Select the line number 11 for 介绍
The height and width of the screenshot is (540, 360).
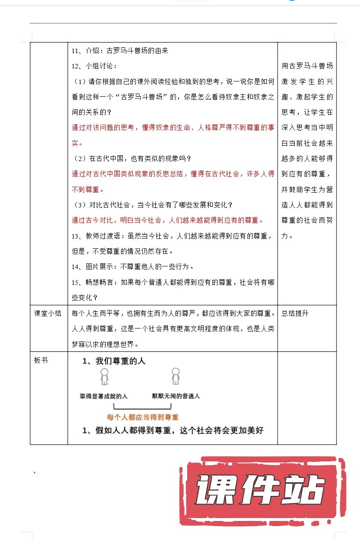tap(76, 51)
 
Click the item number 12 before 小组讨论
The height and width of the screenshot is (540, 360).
tap(76, 66)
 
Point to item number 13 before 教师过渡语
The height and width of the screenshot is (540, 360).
tap(76, 236)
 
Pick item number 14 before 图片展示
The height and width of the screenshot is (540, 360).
tap(76, 266)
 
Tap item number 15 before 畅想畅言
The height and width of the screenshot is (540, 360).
tap(76, 282)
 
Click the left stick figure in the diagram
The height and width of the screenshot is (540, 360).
tap(104, 377)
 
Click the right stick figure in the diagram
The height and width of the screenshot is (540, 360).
tap(175, 377)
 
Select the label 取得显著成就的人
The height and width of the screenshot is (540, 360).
tap(104, 396)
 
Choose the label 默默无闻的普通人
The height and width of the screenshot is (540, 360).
tap(176, 396)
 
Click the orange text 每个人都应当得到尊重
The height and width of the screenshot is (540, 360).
tap(143, 417)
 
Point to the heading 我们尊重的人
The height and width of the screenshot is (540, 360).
tap(121, 361)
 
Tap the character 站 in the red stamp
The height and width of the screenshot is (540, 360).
tap(304, 491)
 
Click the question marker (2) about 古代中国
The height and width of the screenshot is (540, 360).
tap(79, 158)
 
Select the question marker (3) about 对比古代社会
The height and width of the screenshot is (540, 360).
tap(79, 205)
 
